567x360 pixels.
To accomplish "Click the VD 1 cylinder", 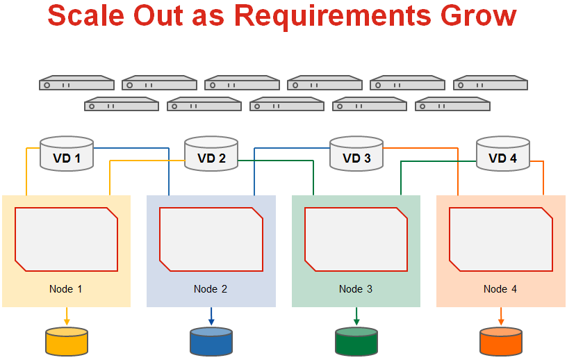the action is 67,154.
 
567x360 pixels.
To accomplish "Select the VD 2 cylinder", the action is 211,154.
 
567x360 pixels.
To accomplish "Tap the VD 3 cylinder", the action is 356,154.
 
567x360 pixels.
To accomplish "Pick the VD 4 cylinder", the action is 503,154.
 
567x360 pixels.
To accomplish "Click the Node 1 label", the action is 65,289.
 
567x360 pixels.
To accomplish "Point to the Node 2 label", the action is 211,289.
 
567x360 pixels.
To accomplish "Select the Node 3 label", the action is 356,289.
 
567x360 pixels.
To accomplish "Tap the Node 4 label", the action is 500,289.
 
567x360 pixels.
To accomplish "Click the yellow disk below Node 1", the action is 67,342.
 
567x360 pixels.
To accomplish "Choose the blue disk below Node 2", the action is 211,342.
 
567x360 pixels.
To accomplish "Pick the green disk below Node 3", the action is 356,342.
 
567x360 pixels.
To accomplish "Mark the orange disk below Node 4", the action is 501,342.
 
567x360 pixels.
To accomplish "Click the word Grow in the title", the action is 478,15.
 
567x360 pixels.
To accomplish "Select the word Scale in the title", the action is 86,15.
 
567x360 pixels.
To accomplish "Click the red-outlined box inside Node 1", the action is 67,239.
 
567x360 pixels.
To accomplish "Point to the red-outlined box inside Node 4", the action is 501,239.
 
